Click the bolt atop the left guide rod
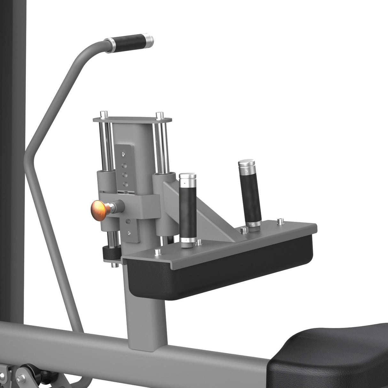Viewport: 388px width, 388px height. coord(102,114)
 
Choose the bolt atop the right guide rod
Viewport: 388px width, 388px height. coord(159,114)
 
